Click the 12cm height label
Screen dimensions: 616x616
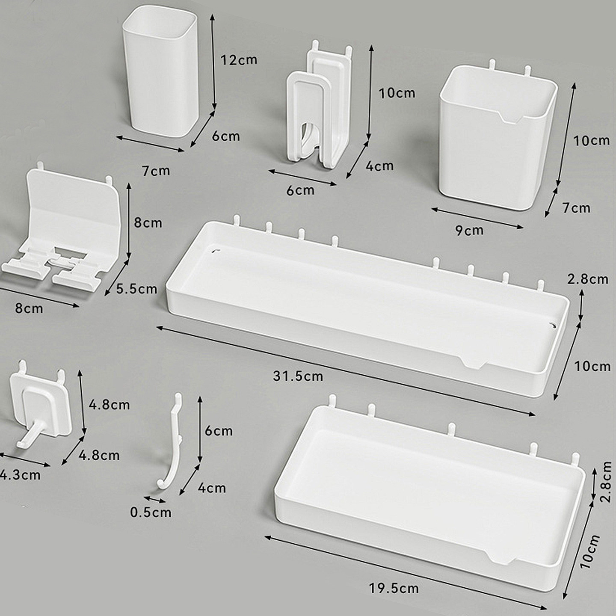pos(239,60)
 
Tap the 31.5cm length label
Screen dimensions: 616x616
pos(298,376)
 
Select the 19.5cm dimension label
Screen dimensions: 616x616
pos(394,589)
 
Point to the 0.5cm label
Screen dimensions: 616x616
pos(151,512)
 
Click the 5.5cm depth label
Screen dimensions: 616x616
pos(136,289)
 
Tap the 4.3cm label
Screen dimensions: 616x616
pos(20,475)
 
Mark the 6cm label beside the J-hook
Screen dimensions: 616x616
pos(219,431)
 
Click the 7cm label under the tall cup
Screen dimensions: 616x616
pos(156,172)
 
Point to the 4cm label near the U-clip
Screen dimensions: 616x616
pos(379,166)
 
